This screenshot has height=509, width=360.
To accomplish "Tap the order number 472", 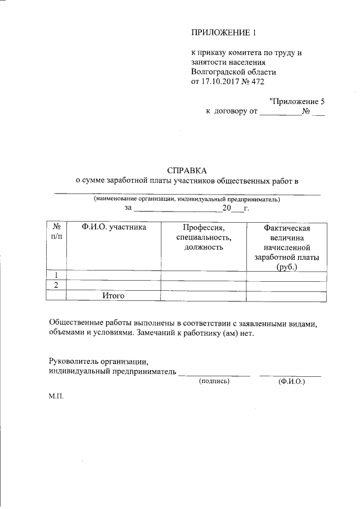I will (x=258, y=82).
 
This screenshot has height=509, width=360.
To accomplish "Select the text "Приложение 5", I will (x=297, y=101).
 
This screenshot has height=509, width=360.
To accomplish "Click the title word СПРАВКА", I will (x=187, y=170).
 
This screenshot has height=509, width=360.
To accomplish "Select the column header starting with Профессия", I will (x=203, y=237).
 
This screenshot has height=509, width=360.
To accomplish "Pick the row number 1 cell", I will (x=57, y=275).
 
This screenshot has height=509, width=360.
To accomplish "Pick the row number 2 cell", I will (x=57, y=285).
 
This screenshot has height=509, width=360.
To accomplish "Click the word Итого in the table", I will (x=113, y=295).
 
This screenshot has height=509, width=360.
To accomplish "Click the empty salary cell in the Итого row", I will (x=286, y=295).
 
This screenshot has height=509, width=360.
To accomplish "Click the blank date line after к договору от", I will (x=280, y=111).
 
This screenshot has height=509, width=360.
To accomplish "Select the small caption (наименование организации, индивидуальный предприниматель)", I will (x=186, y=199).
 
